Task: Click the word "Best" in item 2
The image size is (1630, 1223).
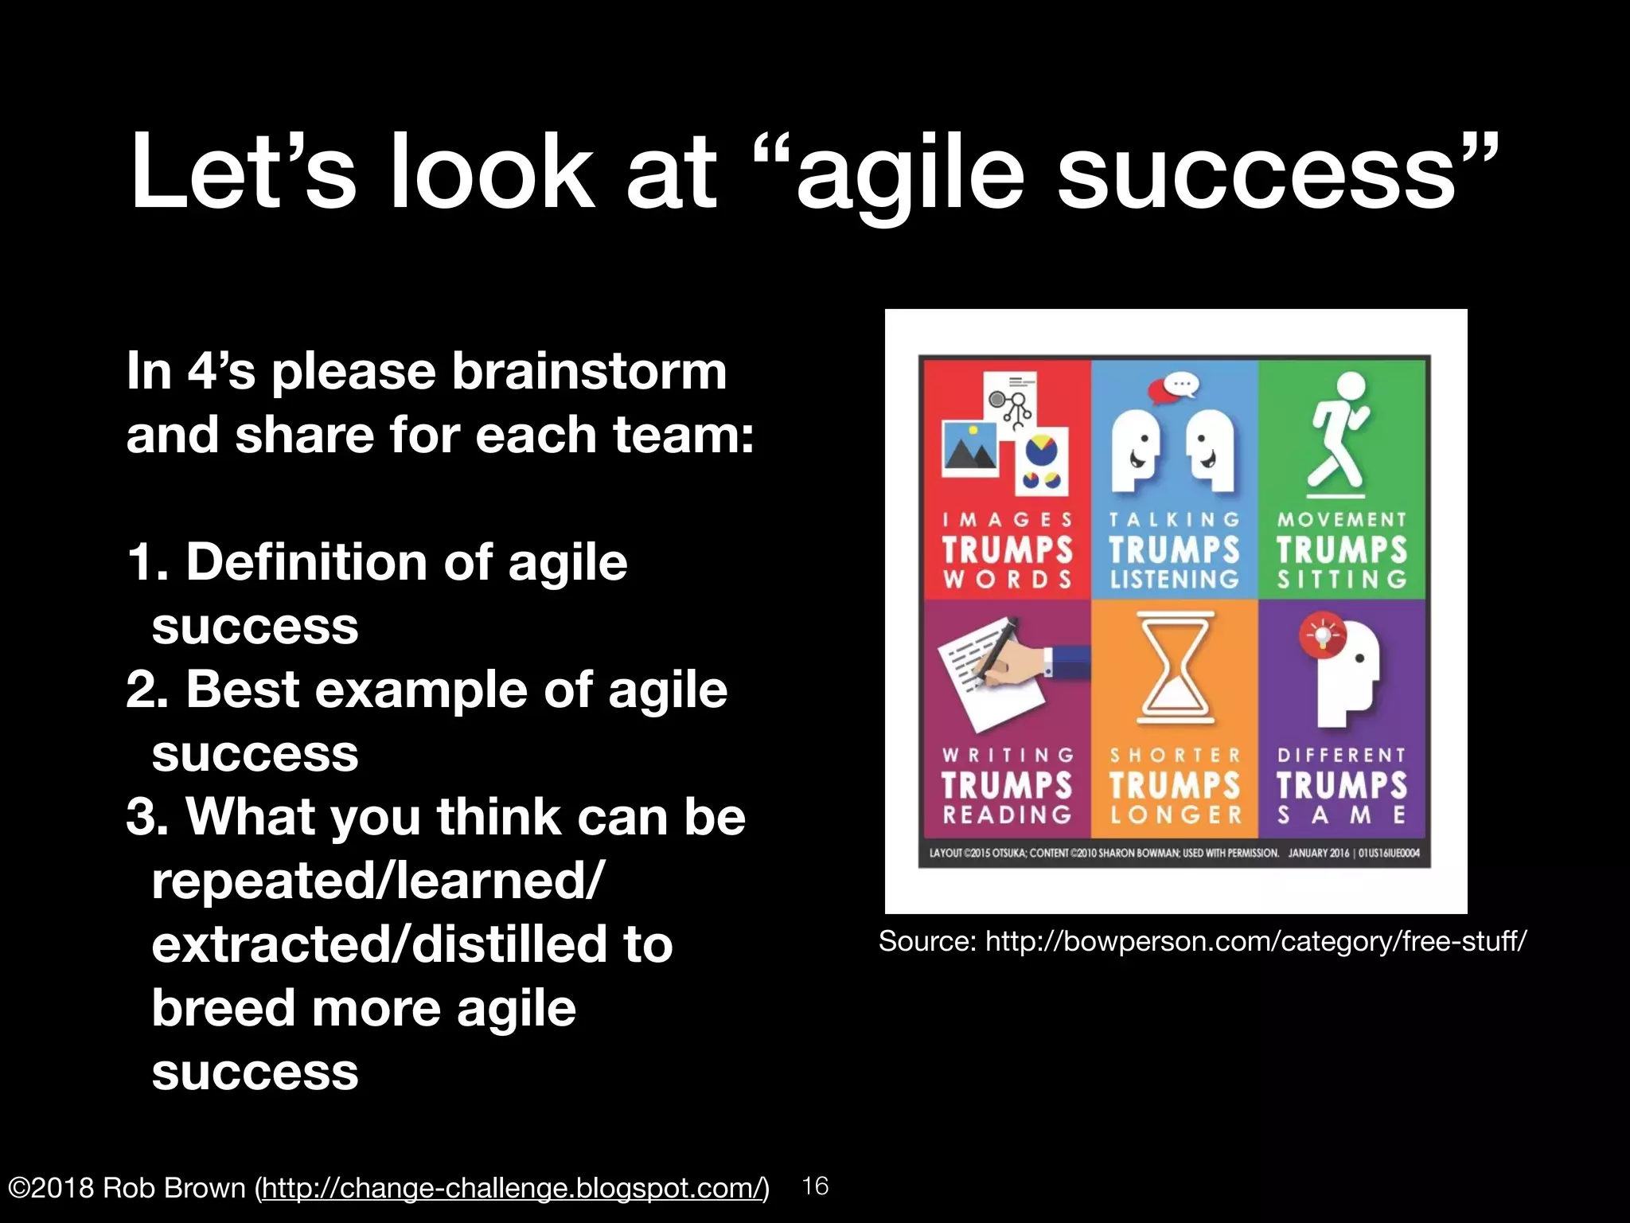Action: pyautogui.click(x=243, y=690)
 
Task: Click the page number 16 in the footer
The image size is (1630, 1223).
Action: pyautogui.click(x=815, y=1186)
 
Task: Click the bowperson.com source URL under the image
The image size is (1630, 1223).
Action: pyautogui.click(x=1255, y=941)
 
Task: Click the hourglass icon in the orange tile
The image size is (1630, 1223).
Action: pyautogui.click(x=1176, y=667)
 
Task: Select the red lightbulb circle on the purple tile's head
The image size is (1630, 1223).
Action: pyautogui.click(x=1321, y=635)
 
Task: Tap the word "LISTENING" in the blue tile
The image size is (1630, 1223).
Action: pyautogui.click(x=1175, y=579)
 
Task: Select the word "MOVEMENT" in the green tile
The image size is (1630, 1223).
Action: pyautogui.click(x=1342, y=520)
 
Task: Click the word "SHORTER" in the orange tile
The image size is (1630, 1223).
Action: pyautogui.click(x=1176, y=755)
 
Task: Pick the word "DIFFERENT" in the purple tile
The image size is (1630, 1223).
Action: pyautogui.click(x=1342, y=755)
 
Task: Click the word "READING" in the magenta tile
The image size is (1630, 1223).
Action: pyautogui.click(x=1008, y=815)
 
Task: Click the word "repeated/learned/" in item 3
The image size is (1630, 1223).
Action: pyautogui.click(x=378, y=881)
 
